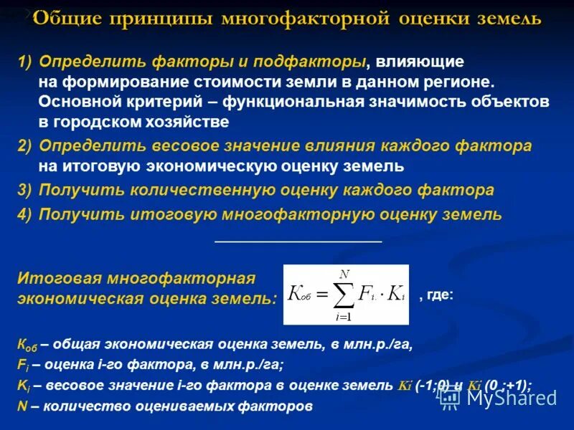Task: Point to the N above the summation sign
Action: [x=344, y=273]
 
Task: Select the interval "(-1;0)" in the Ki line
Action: [x=433, y=386]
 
